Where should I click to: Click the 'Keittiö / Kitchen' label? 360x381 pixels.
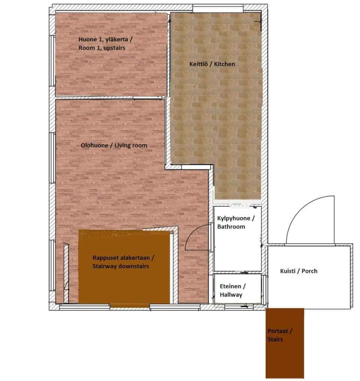click(x=212, y=64)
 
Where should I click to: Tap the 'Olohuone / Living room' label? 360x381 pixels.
click(x=114, y=145)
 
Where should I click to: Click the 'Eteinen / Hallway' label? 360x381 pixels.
click(x=232, y=290)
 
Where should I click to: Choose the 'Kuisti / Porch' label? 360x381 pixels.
click(x=298, y=271)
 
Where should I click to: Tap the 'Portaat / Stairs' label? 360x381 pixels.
click(x=280, y=335)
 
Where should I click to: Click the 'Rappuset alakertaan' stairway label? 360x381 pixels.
click(x=123, y=262)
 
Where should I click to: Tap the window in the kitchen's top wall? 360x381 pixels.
click(x=218, y=8)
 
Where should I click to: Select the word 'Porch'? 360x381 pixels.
click(x=309, y=271)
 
